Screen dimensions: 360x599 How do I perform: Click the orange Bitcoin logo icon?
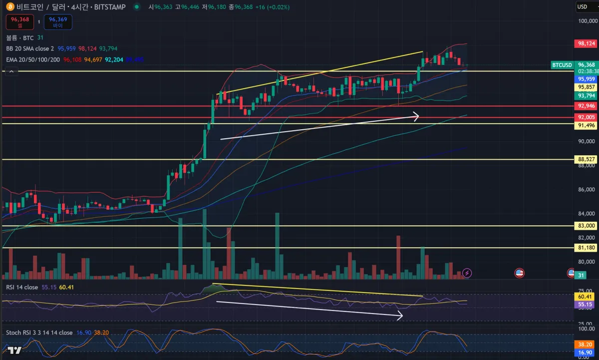click(x=9, y=7)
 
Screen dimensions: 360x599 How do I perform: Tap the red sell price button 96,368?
click(x=20, y=22)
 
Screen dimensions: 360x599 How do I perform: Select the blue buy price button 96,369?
click(x=58, y=22)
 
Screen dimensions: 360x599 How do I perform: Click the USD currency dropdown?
click(x=585, y=6)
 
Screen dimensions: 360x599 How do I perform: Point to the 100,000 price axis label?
click(x=587, y=21)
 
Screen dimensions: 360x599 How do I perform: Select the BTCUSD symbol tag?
click(x=562, y=65)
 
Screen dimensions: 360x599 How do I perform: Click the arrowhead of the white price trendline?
click(x=416, y=117)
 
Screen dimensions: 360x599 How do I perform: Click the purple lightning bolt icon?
click(x=467, y=273)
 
